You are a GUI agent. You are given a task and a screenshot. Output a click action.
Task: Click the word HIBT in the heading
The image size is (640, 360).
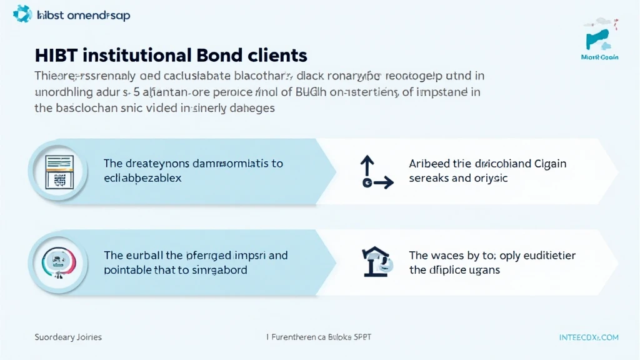59,56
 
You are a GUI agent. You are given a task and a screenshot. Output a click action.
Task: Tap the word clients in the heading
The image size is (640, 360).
279,56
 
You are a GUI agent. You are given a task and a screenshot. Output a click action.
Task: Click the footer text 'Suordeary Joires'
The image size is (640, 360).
68,337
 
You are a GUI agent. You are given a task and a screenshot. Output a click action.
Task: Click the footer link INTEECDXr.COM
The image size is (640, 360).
588,337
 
